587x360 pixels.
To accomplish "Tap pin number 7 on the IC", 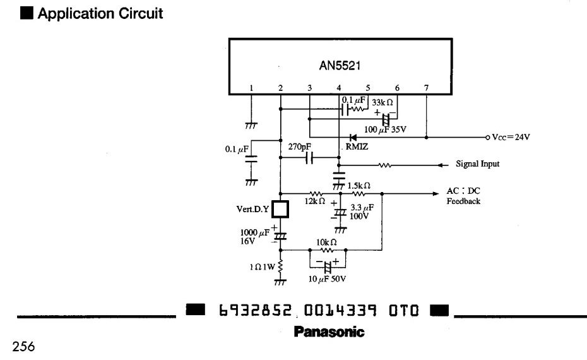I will (x=427, y=88).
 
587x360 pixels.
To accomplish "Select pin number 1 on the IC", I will (x=251, y=88).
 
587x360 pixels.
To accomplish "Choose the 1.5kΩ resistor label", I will (x=359, y=185).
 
